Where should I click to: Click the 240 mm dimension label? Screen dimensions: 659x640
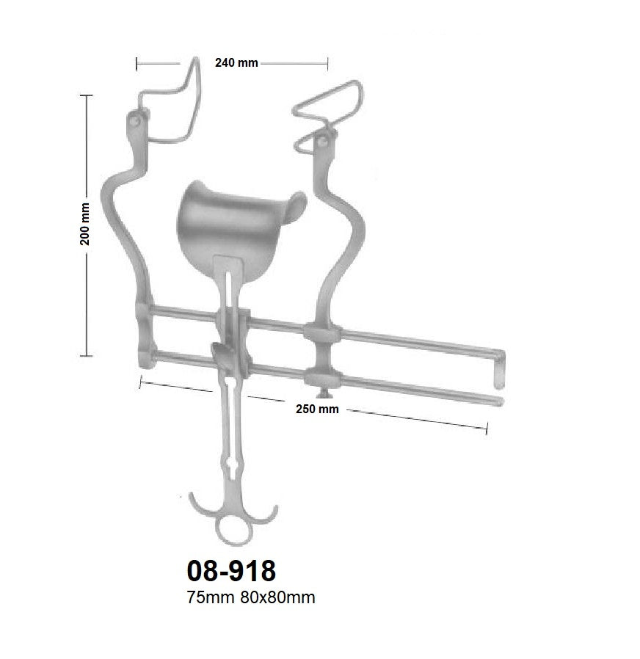tap(236, 63)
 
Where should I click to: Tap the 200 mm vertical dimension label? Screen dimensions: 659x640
tap(85, 224)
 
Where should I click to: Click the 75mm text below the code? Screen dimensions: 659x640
tap(211, 597)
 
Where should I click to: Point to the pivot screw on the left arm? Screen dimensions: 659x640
tap(136, 118)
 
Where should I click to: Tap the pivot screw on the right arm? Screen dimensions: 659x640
tap(323, 139)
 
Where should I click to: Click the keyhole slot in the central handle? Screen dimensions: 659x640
tap(233, 468)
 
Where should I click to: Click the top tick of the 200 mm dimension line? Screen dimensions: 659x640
tap(87, 95)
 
